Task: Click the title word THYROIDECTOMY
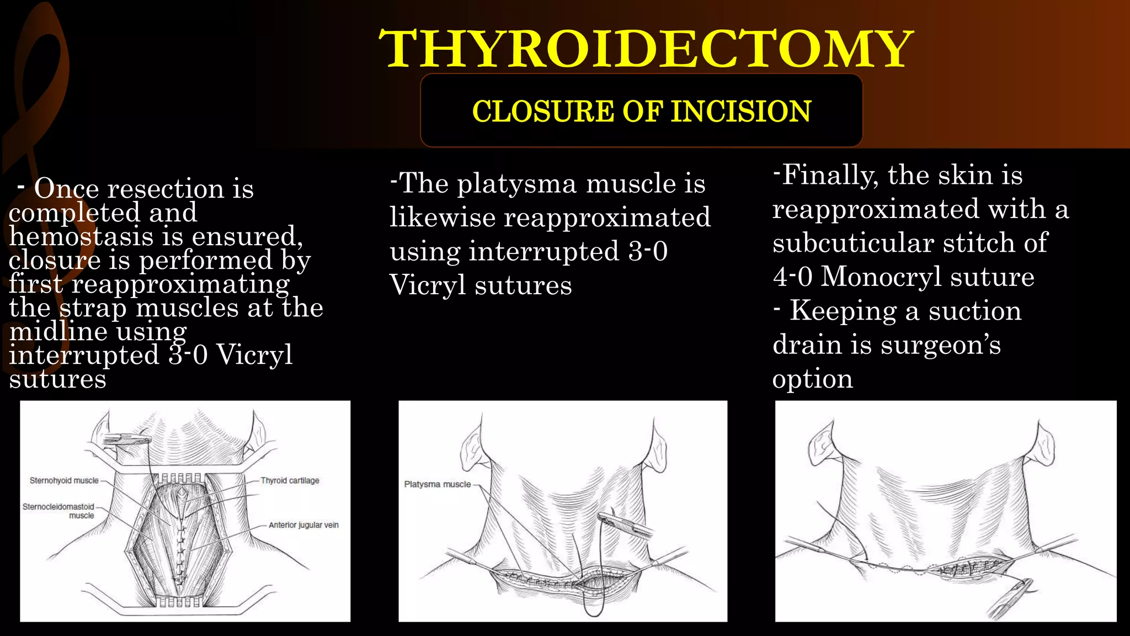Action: (646, 49)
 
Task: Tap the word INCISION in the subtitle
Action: (741, 111)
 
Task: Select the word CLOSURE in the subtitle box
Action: (543, 111)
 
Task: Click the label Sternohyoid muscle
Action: (64, 481)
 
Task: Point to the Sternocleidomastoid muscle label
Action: (58, 511)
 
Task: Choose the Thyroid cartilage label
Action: (290, 481)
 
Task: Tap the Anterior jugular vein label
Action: (303, 525)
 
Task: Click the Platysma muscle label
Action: (438, 484)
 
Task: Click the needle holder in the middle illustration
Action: (625, 524)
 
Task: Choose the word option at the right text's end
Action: (812, 379)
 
